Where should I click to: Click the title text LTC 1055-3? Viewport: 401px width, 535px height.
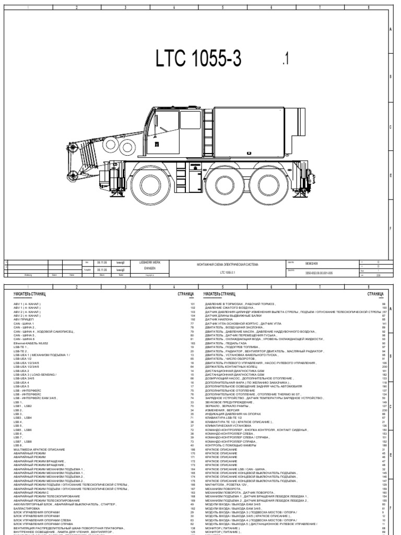pos(198,60)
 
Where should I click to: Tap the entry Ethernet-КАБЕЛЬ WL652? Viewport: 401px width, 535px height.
pos(34,343)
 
